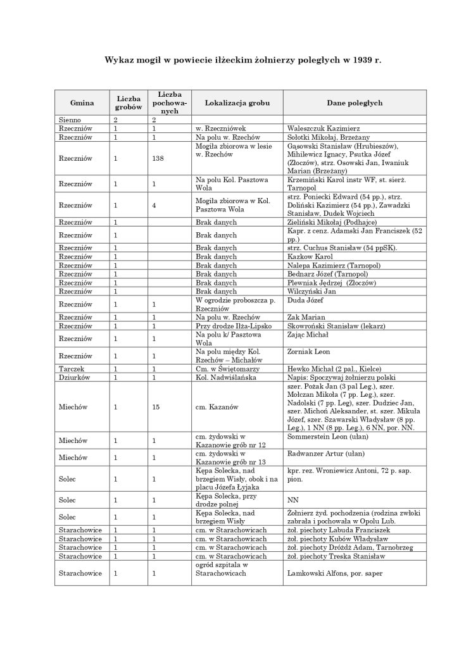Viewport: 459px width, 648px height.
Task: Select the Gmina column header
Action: click(x=82, y=103)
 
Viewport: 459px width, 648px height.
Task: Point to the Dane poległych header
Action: click(x=354, y=103)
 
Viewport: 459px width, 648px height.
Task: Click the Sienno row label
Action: click(x=70, y=119)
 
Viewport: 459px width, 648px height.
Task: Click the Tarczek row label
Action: click(x=70, y=368)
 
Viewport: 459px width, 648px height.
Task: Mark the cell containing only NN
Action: click(x=292, y=499)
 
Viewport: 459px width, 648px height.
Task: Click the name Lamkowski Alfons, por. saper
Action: click(x=334, y=573)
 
